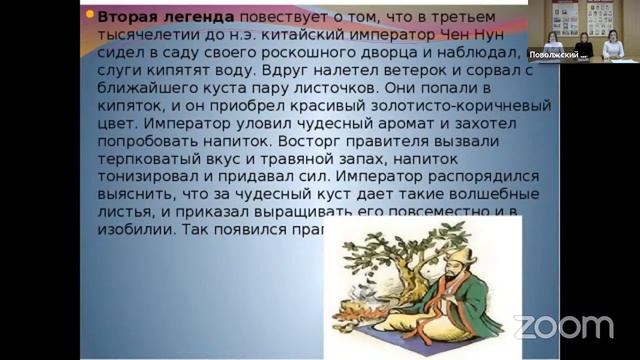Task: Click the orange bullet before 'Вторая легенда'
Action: (89, 16)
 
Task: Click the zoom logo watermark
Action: (564, 325)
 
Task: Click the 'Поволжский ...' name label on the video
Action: (558, 54)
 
